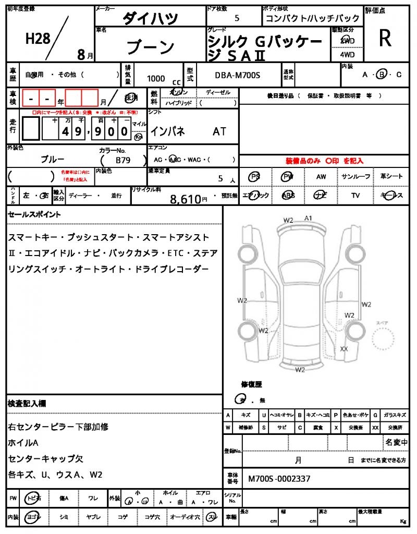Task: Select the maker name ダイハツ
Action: pos(150,19)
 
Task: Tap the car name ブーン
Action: pos(151,47)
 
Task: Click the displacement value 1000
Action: pos(156,78)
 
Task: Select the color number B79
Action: pos(122,160)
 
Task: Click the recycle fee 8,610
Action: pos(186,198)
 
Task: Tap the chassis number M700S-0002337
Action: pos(279,478)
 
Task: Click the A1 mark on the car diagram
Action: pos(308,218)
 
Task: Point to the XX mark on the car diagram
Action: pos(344,348)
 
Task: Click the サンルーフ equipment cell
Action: pos(356,177)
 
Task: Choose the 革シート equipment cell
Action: pos(391,177)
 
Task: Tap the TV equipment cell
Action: pos(356,195)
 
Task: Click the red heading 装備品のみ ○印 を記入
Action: pos(324,161)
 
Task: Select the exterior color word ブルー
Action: pos(52,159)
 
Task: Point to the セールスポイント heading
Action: pos(34,214)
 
